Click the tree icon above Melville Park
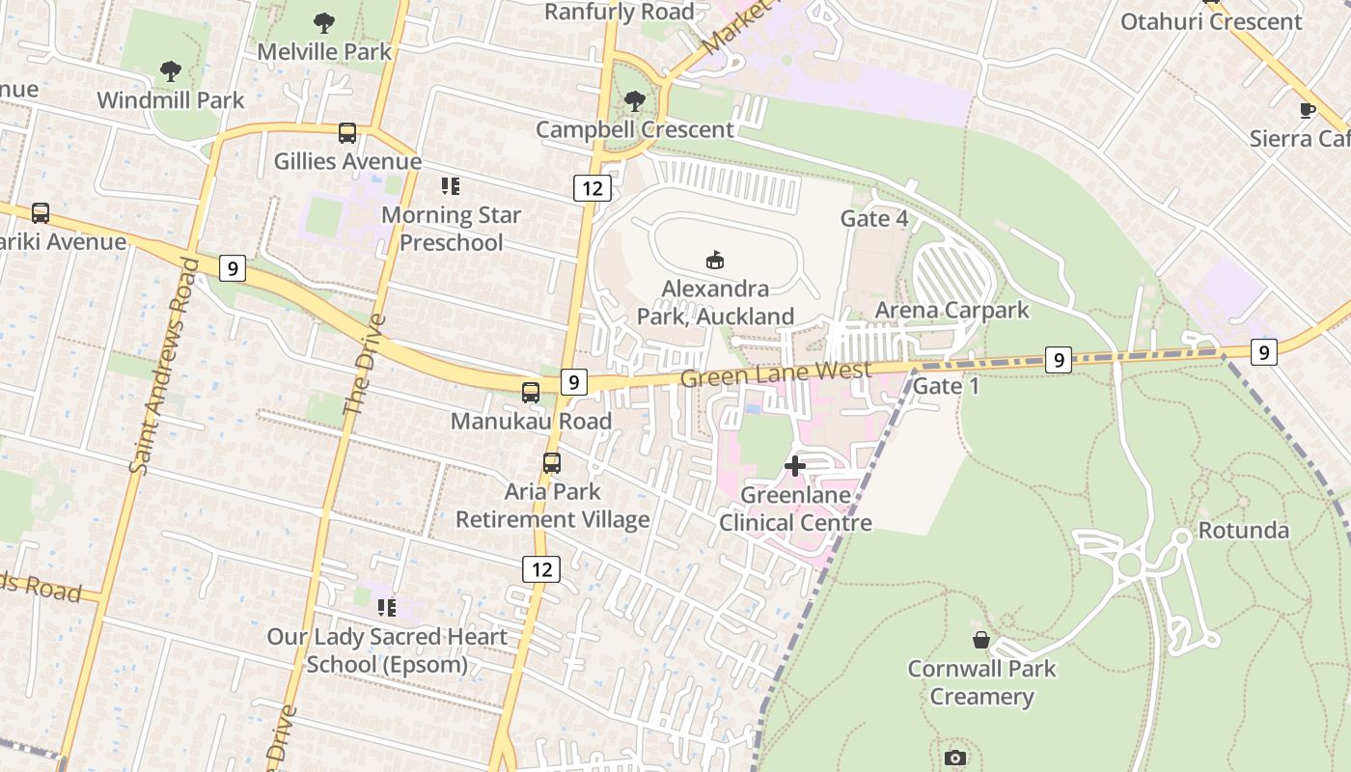tap(324, 22)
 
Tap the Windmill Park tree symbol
tap(171, 70)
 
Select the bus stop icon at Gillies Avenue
tap(347, 133)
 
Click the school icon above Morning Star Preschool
tap(451, 186)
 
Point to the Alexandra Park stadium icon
tap(715, 260)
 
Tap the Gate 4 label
tap(874, 218)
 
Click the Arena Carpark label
tap(951, 310)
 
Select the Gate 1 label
tap(946, 386)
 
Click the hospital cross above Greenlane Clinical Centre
tap(795, 466)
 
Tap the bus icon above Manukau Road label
tap(531, 392)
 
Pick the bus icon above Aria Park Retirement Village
tap(552, 462)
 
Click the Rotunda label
tap(1243, 530)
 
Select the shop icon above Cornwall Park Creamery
tap(981, 640)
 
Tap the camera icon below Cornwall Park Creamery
tap(955, 758)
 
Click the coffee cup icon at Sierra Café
tap(1308, 110)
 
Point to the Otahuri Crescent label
tap(1211, 21)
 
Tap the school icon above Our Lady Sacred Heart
tap(387, 607)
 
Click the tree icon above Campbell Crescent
tap(634, 99)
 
